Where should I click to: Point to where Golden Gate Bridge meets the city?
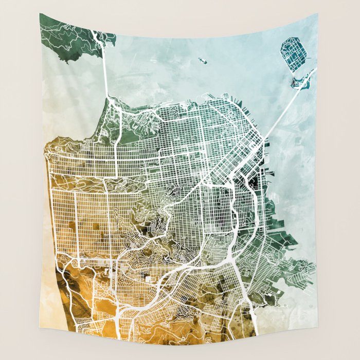[108, 98]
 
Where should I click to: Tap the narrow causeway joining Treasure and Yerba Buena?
[297, 72]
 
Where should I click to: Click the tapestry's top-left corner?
[40, 14]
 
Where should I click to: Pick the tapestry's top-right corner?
[317, 15]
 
